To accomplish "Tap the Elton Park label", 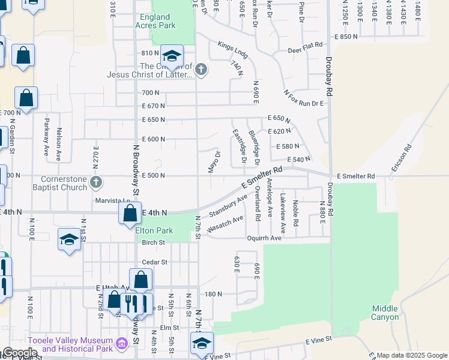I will click(154, 230).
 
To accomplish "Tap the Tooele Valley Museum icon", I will click(122, 344).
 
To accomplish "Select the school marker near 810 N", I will click(172, 57).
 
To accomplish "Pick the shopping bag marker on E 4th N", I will click(130, 213).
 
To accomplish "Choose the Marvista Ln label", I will click(112, 201).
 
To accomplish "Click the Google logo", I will click(19, 353).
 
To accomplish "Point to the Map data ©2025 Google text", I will click(411, 356).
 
